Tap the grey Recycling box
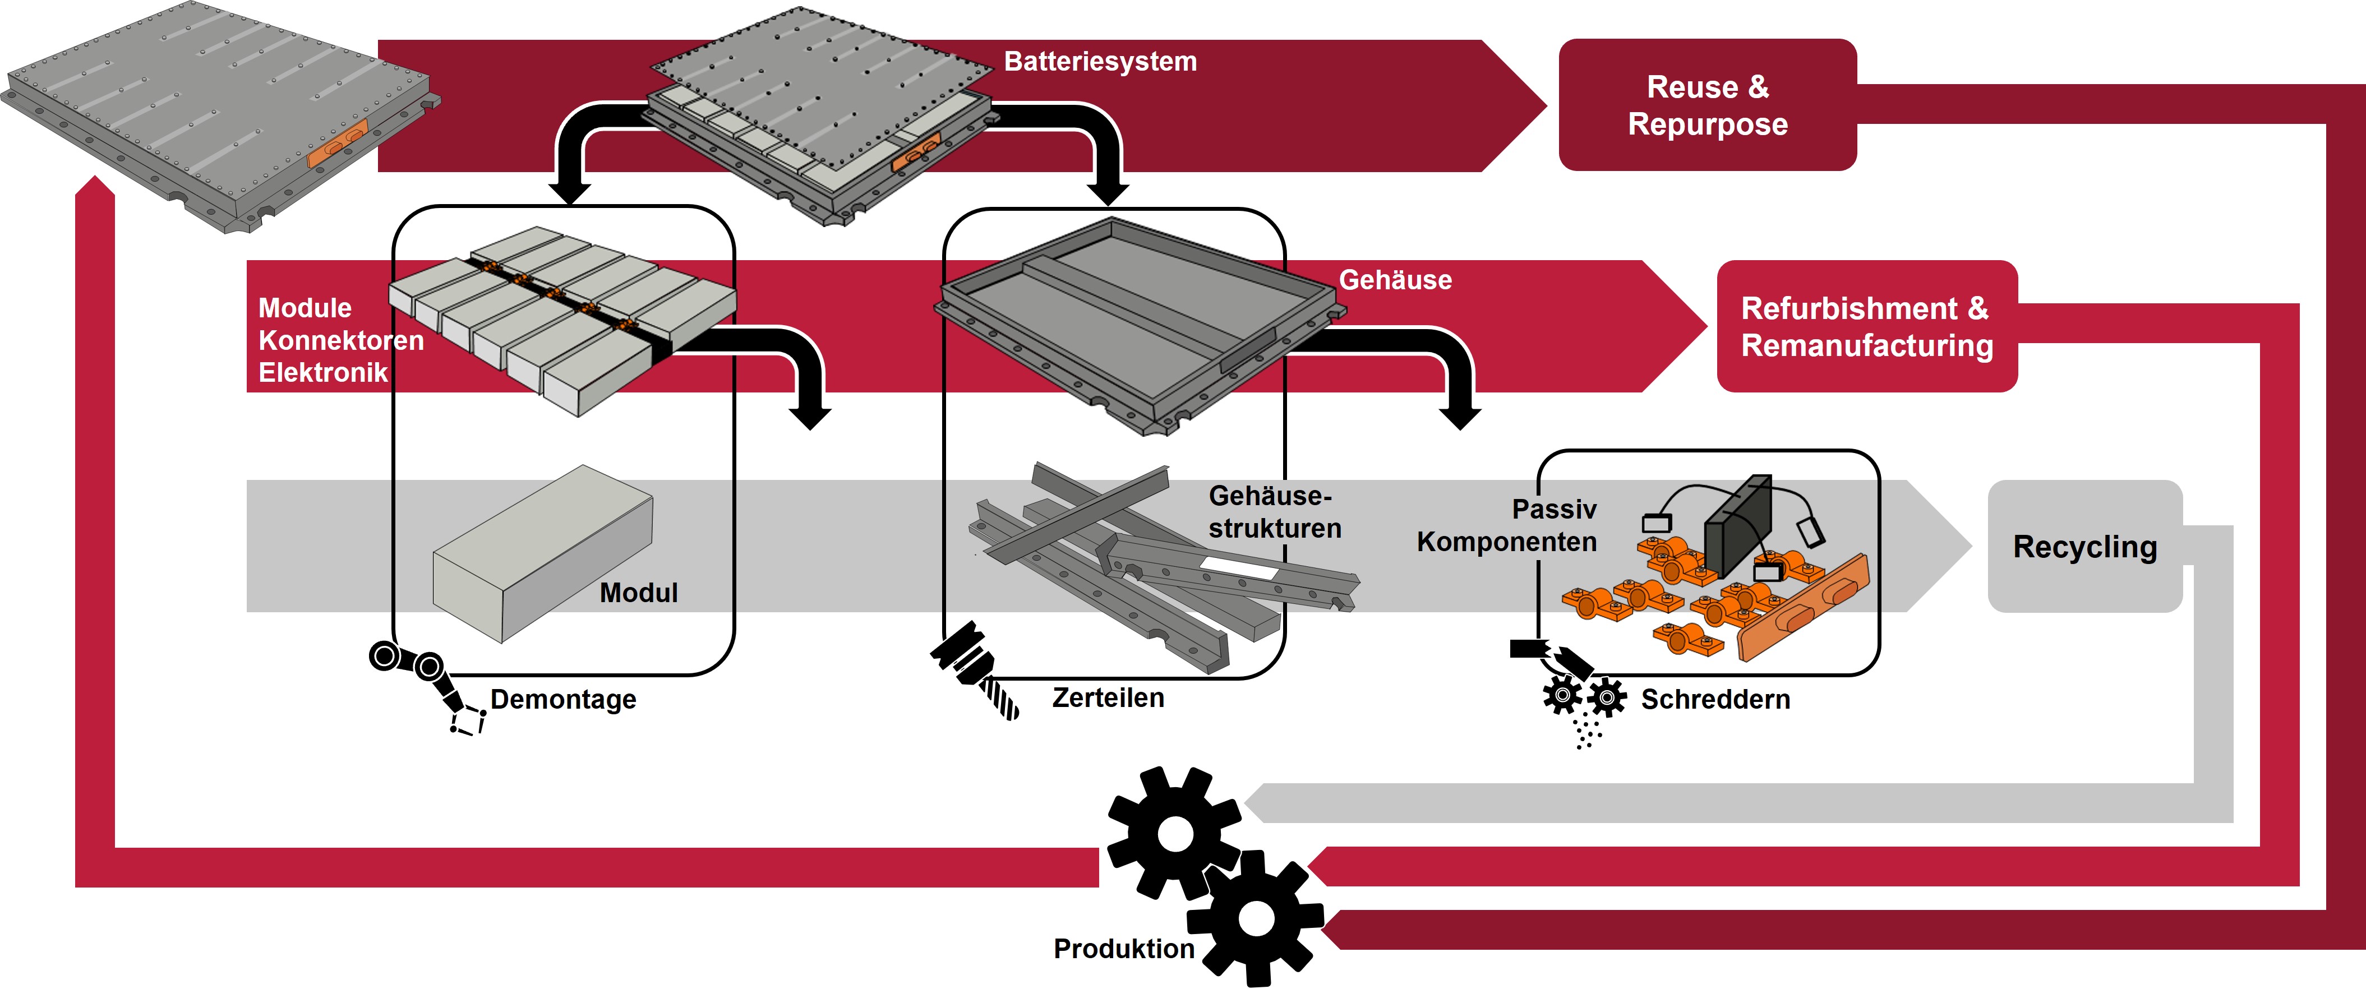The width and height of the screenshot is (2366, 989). click(2084, 547)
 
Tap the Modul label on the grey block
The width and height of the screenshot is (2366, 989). click(638, 592)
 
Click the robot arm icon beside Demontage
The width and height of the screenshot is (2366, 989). click(427, 684)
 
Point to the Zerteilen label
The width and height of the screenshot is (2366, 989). click(1108, 698)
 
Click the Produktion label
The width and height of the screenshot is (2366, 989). click(1123, 949)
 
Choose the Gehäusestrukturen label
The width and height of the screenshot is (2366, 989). click(1274, 511)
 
